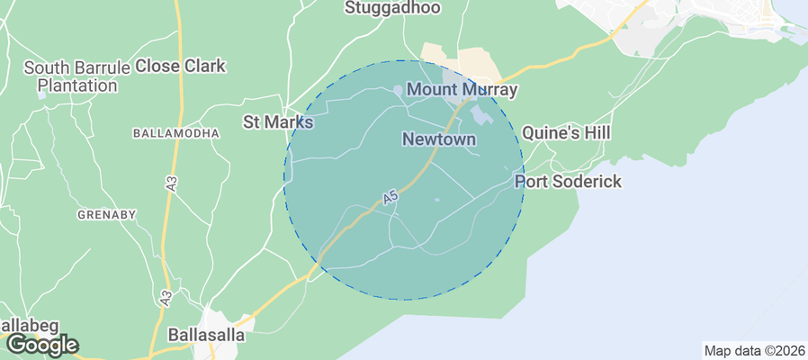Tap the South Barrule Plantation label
[x=71, y=76]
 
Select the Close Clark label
[x=180, y=67]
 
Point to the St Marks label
[x=278, y=121]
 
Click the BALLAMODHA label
[x=176, y=133]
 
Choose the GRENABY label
[x=106, y=214]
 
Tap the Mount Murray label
[x=462, y=90]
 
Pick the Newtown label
[x=439, y=139]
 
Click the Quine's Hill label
[x=566, y=133]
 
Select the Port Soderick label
[x=568, y=182]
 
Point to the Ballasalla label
[x=202, y=335]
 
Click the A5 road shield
[x=390, y=196]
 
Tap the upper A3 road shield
[x=171, y=181]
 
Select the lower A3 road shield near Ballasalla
[x=167, y=295]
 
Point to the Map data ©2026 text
[x=753, y=351]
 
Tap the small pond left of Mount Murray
[x=398, y=90]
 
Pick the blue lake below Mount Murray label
[x=480, y=116]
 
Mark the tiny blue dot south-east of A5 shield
[x=437, y=200]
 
